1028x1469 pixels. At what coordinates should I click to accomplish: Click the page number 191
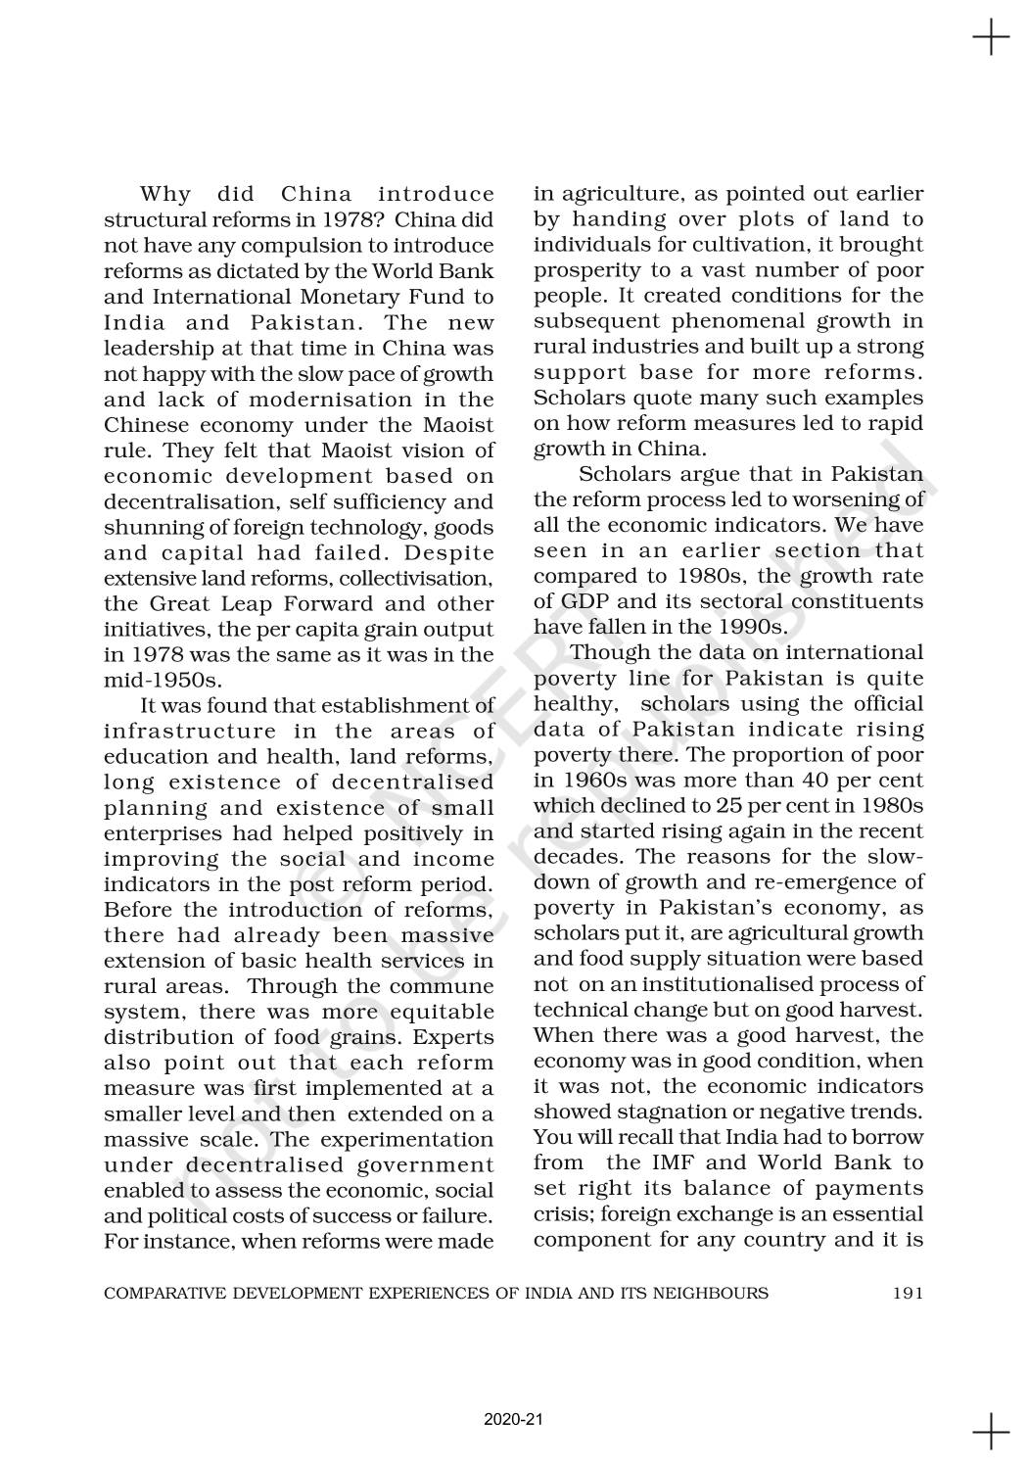(x=908, y=1293)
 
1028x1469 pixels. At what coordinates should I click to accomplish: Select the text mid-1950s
(x=164, y=680)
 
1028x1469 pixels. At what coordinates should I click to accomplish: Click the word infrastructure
(x=190, y=731)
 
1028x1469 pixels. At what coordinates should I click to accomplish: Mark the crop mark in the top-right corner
(x=992, y=38)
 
